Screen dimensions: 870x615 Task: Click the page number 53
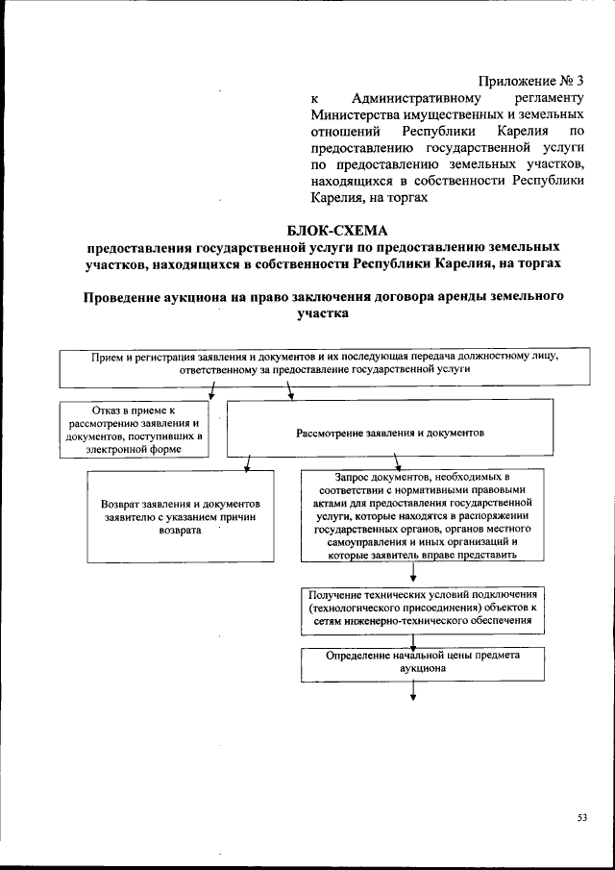click(x=581, y=817)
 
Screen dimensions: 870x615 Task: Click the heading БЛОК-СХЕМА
click(x=334, y=229)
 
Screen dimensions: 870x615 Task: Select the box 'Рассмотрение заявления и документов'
click(x=390, y=434)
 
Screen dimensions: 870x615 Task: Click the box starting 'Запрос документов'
click(x=415, y=515)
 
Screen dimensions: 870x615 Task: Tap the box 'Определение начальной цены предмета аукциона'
click(x=415, y=663)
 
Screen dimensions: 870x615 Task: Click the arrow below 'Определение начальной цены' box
click(x=413, y=692)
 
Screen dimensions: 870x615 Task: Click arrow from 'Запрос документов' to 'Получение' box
click(x=413, y=573)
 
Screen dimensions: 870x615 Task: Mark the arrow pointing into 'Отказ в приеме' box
click(x=210, y=390)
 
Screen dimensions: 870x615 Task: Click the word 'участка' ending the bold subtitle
click(x=313, y=312)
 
